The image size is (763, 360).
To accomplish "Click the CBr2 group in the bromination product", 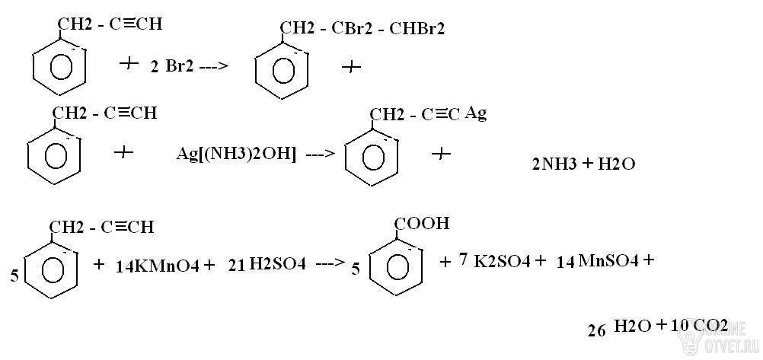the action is (x=352, y=29).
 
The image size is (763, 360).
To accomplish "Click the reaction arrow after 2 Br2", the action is (x=212, y=67).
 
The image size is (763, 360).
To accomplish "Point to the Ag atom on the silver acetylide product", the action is (x=476, y=114).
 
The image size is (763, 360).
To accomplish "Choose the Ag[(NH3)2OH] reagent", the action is (x=236, y=155).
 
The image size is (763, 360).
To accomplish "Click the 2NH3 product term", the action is (x=554, y=164).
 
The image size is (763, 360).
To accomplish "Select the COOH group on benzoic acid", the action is (x=421, y=224).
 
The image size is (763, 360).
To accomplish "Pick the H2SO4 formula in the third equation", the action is (x=277, y=265).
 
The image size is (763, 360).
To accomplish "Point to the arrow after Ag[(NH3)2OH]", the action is (x=320, y=155).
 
